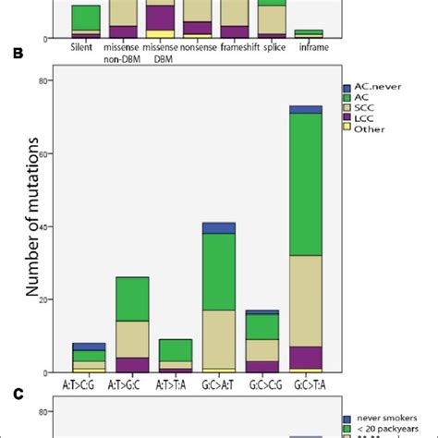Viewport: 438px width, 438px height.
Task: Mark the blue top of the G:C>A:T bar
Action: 219,227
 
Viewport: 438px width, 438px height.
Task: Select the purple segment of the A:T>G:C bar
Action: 132,364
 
